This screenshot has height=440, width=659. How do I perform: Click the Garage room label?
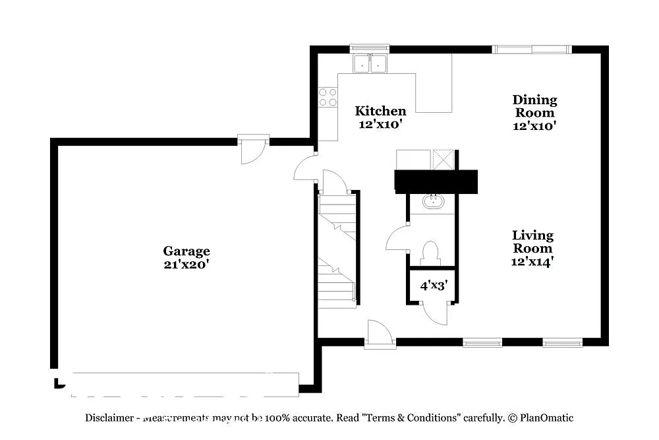(186, 251)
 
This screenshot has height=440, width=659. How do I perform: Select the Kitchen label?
(380, 111)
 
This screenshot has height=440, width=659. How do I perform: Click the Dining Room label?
(534, 106)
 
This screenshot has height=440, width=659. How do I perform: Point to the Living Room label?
(533, 241)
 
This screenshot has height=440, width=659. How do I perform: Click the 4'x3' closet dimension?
(434, 286)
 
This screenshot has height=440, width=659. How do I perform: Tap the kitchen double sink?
(370, 63)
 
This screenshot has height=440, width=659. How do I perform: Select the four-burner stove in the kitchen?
(328, 97)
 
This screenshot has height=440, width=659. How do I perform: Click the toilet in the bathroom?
(430, 253)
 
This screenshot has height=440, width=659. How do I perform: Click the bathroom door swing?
(398, 237)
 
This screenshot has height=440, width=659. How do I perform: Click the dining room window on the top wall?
(532, 49)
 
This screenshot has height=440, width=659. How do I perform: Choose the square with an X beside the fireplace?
(442, 160)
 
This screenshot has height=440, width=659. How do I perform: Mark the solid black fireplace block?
(435, 181)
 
